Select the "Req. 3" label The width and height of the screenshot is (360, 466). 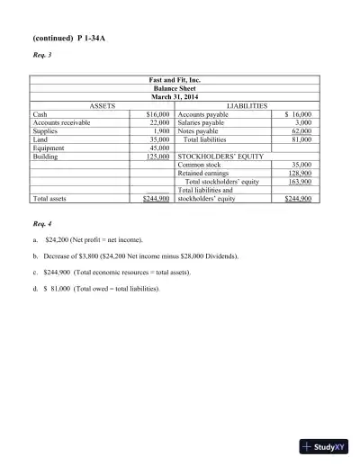pos(42,64)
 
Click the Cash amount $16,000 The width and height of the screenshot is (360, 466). pos(157,115)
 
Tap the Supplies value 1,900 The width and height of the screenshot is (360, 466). pos(161,131)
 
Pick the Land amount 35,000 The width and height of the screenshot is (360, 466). pos(159,139)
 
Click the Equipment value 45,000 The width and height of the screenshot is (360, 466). pos(159,148)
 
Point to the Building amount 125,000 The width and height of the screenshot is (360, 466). pos(157,157)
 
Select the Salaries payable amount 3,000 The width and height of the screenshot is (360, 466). pos(302,123)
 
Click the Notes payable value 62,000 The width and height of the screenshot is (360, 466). pos(301,131)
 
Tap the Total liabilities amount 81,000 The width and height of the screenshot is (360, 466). pos(301,139)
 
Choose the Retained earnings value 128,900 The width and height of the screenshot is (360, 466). pos(299,174)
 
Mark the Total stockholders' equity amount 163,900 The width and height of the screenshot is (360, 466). pos(299,182)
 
